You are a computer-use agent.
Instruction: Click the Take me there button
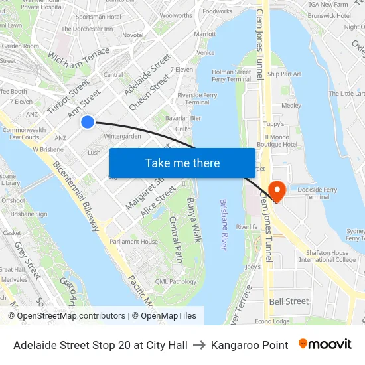pos(183,163)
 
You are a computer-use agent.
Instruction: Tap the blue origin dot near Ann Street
pos(88,122)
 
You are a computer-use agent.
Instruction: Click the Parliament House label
pos(134,242)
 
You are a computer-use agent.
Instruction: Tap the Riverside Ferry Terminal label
pos(197,98)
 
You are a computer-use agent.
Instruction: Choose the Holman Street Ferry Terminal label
pos(232,75)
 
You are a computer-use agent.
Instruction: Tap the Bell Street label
pos(289,301)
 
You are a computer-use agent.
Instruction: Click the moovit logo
pos(325,344)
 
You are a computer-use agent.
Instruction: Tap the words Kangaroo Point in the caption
pos(250,345)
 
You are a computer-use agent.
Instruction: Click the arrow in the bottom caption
pos(200,345)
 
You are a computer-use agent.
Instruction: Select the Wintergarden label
pos(123,136)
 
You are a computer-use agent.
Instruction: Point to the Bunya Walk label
pos(194,220)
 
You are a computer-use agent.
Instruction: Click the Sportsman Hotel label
pos(99,16)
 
